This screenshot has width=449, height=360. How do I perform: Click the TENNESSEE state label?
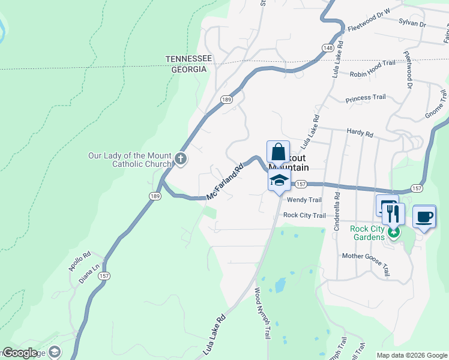[x=189, y=58]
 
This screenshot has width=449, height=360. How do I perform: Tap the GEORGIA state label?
[x=187, y=69]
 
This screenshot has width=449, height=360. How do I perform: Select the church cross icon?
[x=180, y=159]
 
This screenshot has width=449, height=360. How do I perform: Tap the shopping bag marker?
[x=278, y=152]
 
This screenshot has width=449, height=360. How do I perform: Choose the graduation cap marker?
[x=279, y=180]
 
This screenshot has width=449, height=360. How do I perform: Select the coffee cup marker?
[x=424, y=216]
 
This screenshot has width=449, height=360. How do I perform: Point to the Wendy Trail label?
[x=304, y=200]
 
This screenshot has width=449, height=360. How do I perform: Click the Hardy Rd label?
[x=360, y=132]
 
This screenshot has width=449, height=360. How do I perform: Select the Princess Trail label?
[x=366, y=97]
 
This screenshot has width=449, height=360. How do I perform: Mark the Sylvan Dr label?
[x=412, y=24]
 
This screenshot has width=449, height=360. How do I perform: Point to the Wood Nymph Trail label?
[x=262, y=314]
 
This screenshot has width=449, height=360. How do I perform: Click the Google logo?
[x=19, y=353]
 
